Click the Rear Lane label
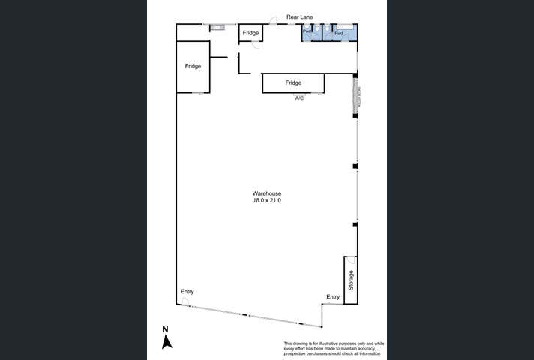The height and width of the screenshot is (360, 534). click(298, 16)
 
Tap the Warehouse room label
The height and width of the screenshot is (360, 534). click(266, 193)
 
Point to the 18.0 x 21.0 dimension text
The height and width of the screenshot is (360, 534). click(266, 201)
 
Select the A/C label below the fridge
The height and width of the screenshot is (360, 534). click(299, 98)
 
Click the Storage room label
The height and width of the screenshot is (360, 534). click(350, 280)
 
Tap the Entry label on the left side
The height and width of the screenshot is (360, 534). click(187, 291)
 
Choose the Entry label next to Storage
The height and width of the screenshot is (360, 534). click(333, 297)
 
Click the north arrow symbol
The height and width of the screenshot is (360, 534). click(168, 342)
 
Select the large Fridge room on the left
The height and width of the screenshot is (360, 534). click(193, 66)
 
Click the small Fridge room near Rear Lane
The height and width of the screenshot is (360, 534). click(250, 33)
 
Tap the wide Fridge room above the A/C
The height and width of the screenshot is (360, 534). click(293, 82)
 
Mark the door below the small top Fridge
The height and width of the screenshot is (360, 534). click(256, 46)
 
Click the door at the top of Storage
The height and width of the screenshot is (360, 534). click(351, 262)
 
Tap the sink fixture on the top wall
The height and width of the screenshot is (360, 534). click(217, 28)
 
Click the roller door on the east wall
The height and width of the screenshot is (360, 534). click(356, 97)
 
